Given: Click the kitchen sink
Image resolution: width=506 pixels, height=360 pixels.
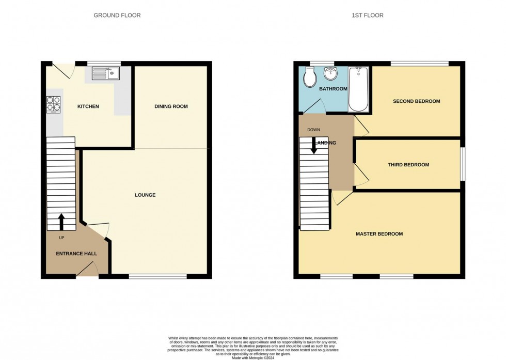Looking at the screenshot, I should pyautogui.click(x=106, y=74).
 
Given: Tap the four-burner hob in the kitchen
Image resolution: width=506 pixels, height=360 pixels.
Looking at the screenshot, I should pyautogui.click(x=54, y=105).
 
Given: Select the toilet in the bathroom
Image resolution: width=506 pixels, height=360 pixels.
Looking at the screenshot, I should pyautogui.click(x=310, y=78).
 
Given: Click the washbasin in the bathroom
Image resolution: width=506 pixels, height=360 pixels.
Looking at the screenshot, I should pyautogui.click(x=330, y=75).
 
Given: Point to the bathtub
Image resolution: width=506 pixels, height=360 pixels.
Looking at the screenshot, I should pyautogui.click(x=359, y=89).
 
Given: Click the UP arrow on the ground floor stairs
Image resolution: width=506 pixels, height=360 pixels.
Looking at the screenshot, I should pyautogui.click(x=61, y=222).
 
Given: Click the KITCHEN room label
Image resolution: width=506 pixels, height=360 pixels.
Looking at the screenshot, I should pyautogui.click(x=88, y=107).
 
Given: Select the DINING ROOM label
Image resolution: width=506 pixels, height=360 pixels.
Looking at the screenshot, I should pyautogui.click(x=171, y=106).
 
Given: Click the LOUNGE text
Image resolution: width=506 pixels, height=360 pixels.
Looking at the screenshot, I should pyautogui.click(x=145, y=195).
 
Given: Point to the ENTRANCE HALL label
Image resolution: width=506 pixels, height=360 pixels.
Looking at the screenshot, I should pyautogui.click(x=76, y=254).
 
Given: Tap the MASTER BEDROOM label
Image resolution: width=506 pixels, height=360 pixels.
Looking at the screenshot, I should pyautogui.click(x=379, y=234).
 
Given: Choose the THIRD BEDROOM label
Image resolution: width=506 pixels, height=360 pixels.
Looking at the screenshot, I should pyautogui.click(x=408, y=165).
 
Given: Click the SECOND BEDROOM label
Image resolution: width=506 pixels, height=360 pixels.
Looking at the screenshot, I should pyautogui.click(x=416, y=101).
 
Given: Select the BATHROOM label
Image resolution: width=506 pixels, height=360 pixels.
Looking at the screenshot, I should pyautogui.click(x=333, y=89).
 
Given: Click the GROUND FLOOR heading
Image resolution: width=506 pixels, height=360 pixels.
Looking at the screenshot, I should pyautogui.click(x=117, y=15).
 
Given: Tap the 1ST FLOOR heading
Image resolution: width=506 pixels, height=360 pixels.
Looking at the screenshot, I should pyautogui.click(x=367, y=15).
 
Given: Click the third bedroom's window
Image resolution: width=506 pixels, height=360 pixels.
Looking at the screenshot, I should pyautogui.click(x=462, y=165).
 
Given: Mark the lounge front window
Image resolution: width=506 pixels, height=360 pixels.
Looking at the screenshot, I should pyautogui.click(x=157, y=276).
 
